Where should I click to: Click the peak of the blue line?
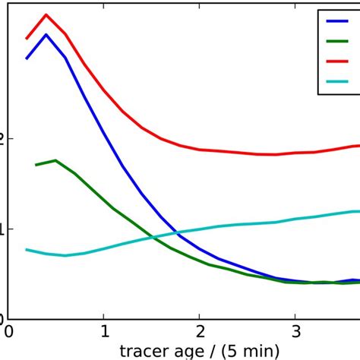(x=46, y=34)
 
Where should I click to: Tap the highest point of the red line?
(x=46, y=14)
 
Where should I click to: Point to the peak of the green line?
(x=55, y=160)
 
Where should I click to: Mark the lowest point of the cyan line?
(x=65, y=255)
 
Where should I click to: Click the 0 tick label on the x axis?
(x=8, y=333)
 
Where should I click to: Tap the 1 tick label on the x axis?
(x=104, y=333)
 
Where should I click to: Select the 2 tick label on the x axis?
(x=199, y=333)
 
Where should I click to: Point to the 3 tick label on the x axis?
(x=295, y=333)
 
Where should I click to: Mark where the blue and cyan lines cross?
(x=176, y=232)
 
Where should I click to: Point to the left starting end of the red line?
(x=27, y=38)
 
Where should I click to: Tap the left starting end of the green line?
(x=36, y=165)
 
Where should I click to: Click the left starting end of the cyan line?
(x=27, y=249)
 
